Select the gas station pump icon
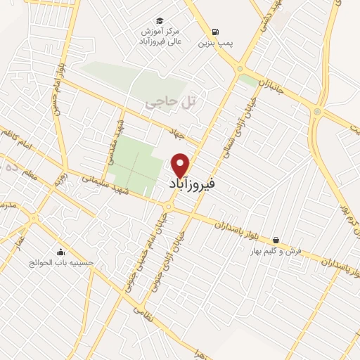pyautogui.click(x=214, y=32)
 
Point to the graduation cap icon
pyautogui.click(x=160, y=21)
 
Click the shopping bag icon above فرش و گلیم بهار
pyautogui.click(x=275, y=240)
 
